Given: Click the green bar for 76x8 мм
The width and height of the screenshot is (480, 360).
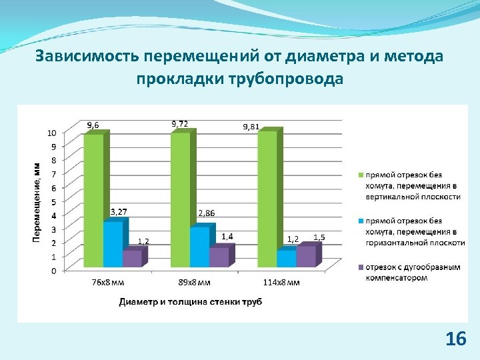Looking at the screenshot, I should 93,200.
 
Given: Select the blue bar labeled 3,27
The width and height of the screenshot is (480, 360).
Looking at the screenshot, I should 113,245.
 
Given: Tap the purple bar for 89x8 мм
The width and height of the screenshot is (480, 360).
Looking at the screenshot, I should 219,257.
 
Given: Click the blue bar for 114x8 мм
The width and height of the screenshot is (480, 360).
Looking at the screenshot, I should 286,259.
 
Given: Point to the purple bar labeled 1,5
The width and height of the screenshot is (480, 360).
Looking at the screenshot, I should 307,257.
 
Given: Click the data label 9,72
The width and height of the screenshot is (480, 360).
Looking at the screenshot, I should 180,123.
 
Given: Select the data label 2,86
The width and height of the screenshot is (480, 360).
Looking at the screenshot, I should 207,213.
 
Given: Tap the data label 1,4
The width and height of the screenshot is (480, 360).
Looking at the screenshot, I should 227,237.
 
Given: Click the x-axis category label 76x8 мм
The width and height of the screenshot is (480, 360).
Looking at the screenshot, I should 107,282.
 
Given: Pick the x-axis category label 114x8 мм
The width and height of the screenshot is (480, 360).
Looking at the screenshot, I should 281,282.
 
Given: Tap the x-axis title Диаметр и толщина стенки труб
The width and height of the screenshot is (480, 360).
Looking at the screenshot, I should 191,302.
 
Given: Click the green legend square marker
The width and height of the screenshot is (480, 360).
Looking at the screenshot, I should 359,175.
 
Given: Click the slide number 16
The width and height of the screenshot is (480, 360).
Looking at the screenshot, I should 455,339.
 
